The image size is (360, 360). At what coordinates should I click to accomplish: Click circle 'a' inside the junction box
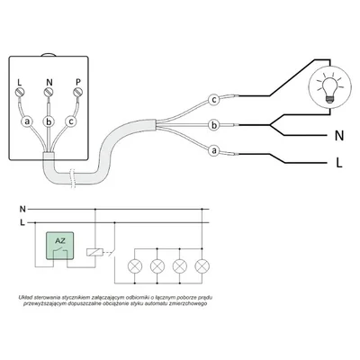click(27, 121)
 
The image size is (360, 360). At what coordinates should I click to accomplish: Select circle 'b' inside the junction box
click(49, 121)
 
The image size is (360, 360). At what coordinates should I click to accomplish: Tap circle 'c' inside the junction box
click(70, 121)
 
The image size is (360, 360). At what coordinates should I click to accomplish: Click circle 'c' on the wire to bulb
click(213, 99)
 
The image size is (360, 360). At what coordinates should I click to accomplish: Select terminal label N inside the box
click(48, 89)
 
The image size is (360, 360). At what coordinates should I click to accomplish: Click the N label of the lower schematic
click(22, 206)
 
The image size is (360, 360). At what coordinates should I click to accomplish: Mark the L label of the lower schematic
click(22, 220)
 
